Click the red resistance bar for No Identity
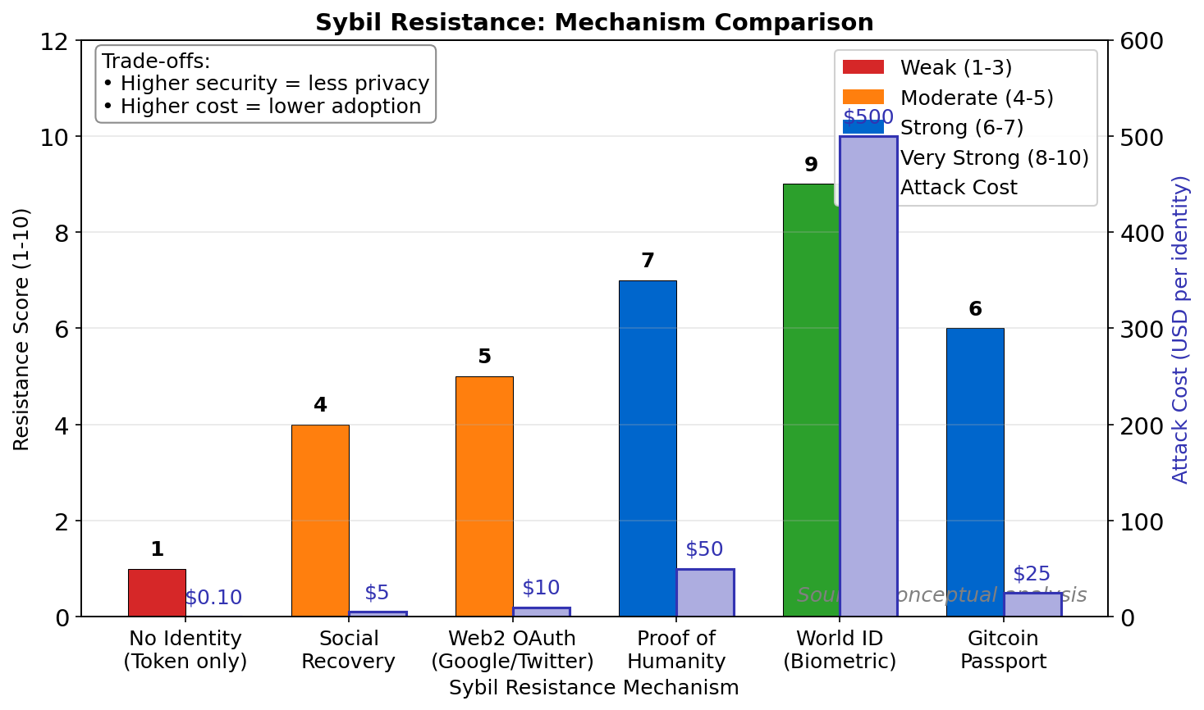click(157, 593)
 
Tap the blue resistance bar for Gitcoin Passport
click(975, 472)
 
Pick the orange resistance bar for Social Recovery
click(320, 521)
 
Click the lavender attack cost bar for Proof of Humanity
click(705, 593)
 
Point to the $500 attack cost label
click(868, 117)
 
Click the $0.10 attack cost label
click(213, 598)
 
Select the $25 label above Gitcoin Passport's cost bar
click(1032, 574)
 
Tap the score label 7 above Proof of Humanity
click(648, 261)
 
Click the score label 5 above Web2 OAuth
click(484, 357)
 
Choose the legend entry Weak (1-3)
click(955, 67)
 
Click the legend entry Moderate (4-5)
click(976, 98)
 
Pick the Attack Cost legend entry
click(958, 187)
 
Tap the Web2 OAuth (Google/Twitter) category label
click(512, 649)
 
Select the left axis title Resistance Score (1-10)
click(21, 329)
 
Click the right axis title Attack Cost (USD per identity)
click(1180, 329)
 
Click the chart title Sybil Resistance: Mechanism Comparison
click(594, 22)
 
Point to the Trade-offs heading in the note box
click(156, 61)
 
